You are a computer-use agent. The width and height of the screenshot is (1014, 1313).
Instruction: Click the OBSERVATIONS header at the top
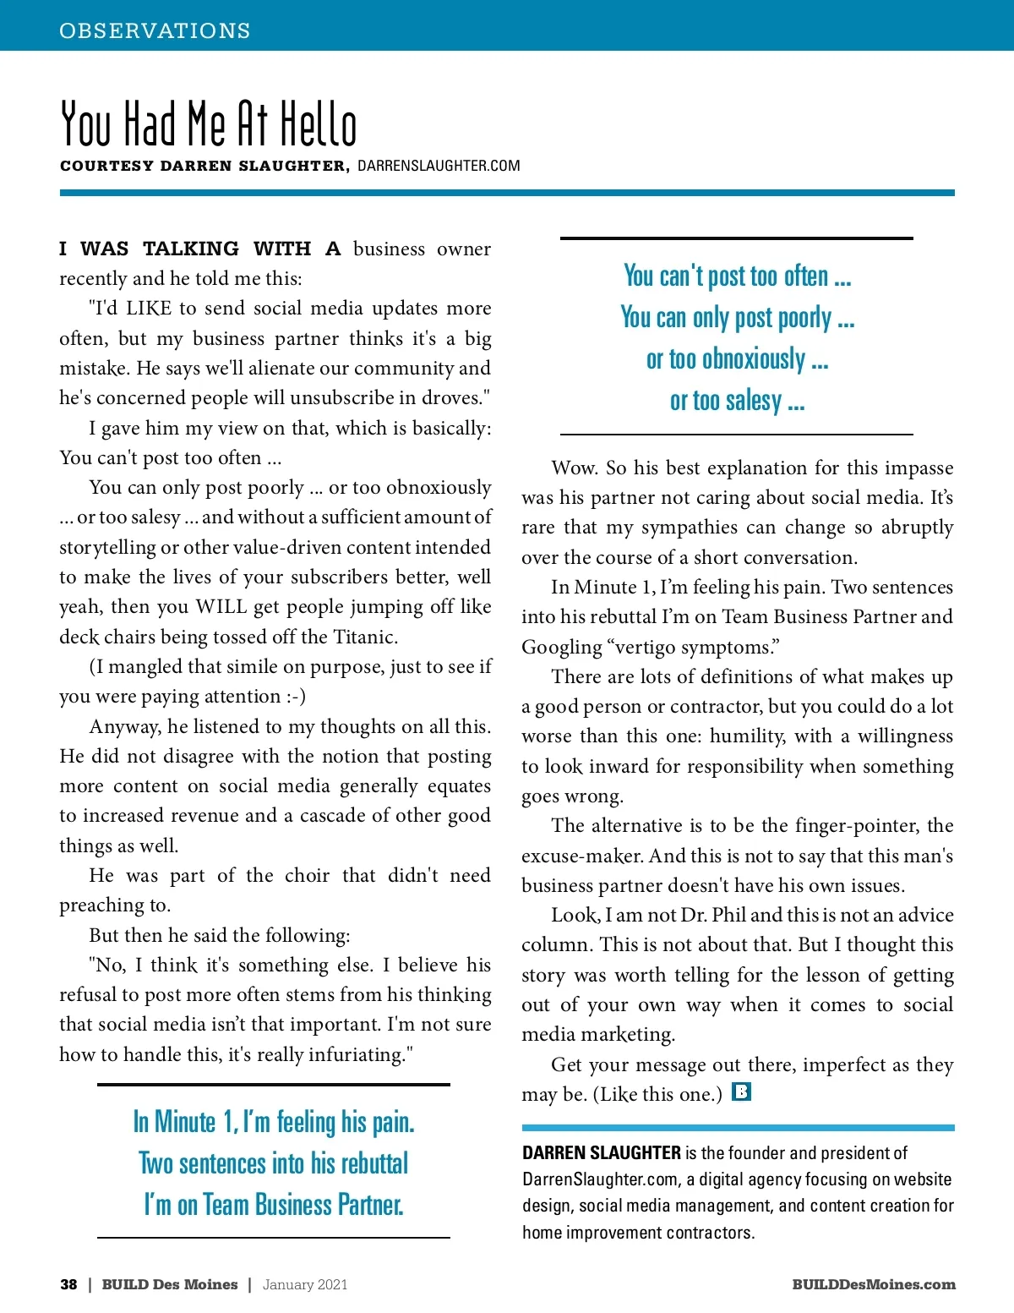[155, 30]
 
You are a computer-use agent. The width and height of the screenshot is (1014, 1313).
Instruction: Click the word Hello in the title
[319, 125]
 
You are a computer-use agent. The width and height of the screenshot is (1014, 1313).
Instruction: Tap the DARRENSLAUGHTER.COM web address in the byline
[439, 166]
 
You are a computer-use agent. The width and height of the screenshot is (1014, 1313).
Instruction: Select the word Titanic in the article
[364, 637]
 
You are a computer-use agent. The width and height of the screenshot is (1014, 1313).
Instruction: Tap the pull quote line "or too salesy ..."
[737, 401]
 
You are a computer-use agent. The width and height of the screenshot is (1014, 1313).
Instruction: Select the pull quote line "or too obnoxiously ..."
[737, 359]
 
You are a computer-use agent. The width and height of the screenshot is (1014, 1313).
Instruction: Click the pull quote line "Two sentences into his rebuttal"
[274, 1163]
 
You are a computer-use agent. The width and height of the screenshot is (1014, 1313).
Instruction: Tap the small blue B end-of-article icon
[741, 1091]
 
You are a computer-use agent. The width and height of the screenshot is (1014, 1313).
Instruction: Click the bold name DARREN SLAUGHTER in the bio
[602, 1153]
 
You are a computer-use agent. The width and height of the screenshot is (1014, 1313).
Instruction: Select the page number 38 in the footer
[68, 1284]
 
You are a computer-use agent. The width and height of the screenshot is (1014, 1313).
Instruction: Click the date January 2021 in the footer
[305, 1284]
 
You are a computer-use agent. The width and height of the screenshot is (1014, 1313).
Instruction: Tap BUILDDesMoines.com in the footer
[874, 1284]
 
